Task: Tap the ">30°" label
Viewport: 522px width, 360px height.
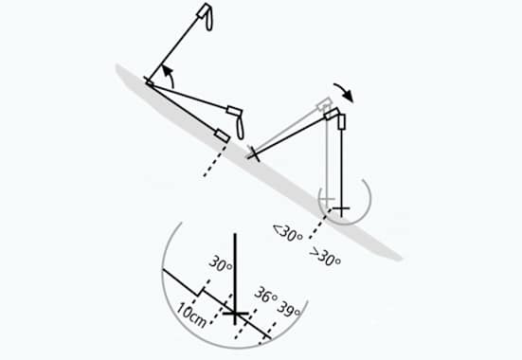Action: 325,255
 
